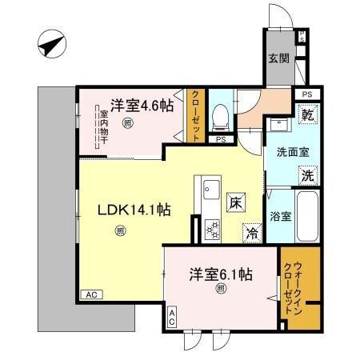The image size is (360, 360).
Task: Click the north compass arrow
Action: [x=50, y=45]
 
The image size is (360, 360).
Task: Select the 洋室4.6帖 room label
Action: [x=138, y=104]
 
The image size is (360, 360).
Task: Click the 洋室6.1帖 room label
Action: [x=221, y=275]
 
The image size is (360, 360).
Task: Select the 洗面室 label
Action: [x=294, y=150]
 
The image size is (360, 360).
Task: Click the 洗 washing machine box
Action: [x=307, y=175]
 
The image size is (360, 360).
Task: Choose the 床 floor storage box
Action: [x=236, y=203]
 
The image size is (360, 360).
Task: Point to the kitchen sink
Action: [x=212, y=190]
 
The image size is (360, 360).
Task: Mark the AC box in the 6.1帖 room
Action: [x=172, y=317]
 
